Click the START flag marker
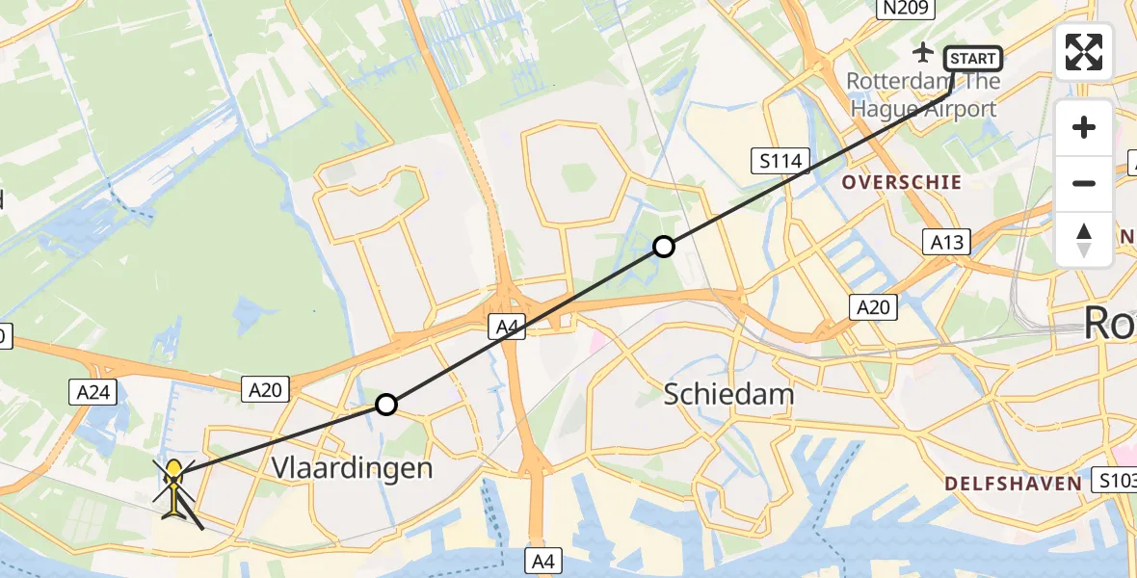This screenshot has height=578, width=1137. [x=972, y=60]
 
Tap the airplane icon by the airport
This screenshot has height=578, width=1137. [x=925, y=50]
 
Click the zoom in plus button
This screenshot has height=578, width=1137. [x=1084, y=127]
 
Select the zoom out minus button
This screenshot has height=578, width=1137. [x=1084, y=183]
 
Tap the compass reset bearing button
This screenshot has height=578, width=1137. [x=1084, y=239]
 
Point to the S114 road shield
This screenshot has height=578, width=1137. [x=780, y=161]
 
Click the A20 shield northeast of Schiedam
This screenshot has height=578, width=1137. [x=873, y=307]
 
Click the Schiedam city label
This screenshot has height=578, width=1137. [x=729, y=393]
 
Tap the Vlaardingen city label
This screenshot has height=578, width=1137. [x=352, y=468]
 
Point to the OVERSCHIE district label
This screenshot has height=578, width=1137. [x=902, y=182]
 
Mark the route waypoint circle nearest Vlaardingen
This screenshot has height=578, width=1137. [x=386, y=405]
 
